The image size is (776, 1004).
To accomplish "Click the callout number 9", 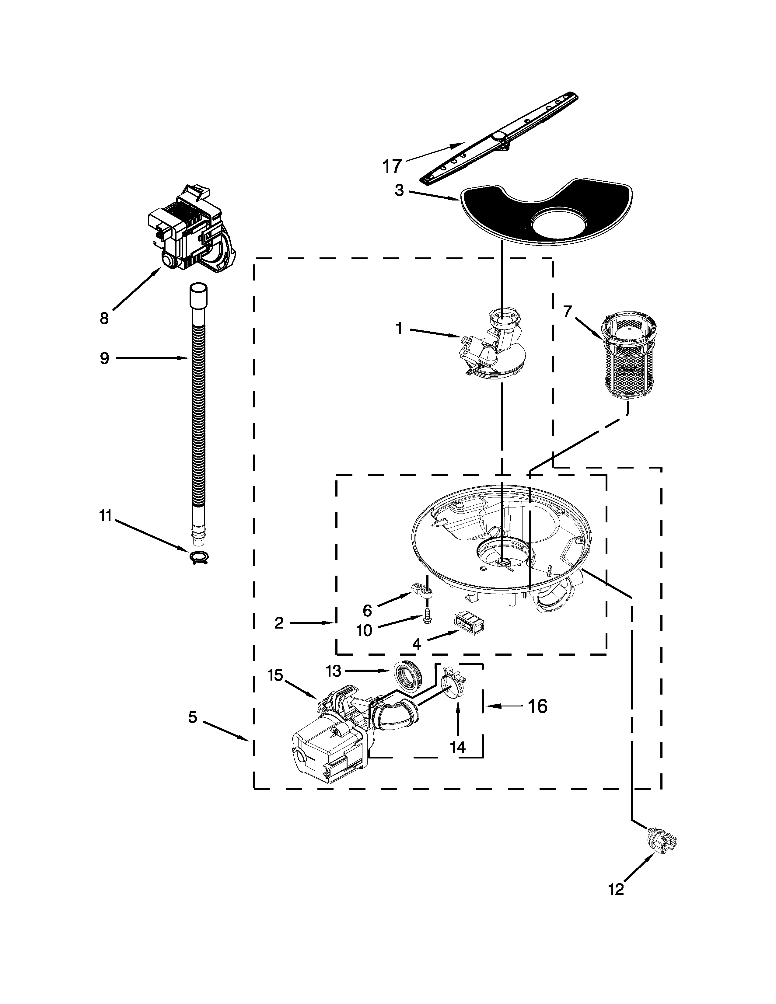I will point(104,358).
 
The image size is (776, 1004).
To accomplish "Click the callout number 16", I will point(537,706).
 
